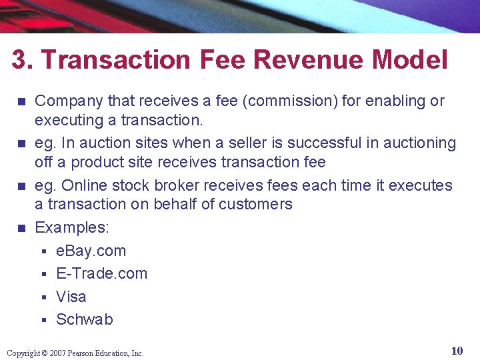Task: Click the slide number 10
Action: click(457, 351)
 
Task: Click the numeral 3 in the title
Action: click(19, 60)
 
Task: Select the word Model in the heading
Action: click(410, 60)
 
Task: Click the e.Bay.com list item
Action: click(91, 251)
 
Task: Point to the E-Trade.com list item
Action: click(101, 273)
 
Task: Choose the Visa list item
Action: click(71, 297)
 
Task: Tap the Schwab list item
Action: click(85, 319)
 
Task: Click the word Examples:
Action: click(72, 227)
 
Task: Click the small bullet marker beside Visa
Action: click(42, 297)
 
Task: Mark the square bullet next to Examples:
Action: click(21, 228)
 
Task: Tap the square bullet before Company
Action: click(21, 102)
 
